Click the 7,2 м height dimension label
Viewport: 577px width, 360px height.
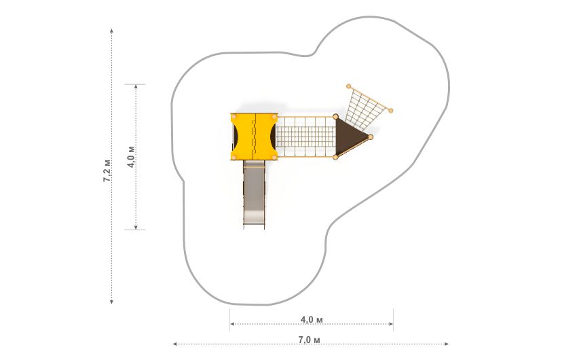107,170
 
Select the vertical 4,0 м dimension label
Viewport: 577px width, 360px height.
131,157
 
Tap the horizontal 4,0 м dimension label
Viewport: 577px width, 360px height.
312,319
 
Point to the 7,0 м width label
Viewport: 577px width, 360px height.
309,340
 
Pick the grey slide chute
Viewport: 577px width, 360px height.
254,194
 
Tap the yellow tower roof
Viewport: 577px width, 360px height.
254,137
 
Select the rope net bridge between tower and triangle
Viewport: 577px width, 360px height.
305,137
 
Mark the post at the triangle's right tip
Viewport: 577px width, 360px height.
371,137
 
